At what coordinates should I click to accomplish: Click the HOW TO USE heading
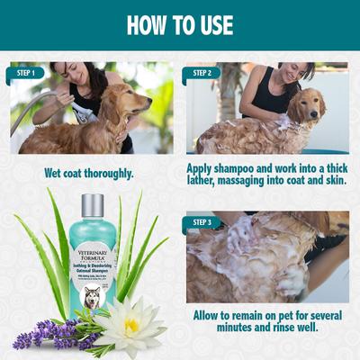point(180,24)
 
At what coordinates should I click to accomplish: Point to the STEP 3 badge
point(202,220)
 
